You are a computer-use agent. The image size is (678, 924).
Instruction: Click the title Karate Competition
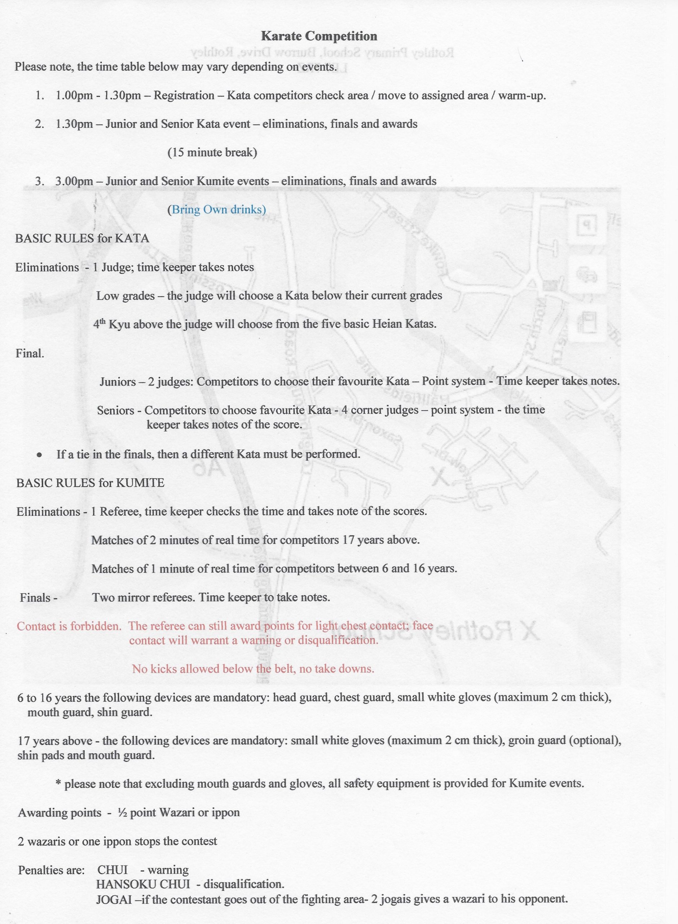tap(319, 36)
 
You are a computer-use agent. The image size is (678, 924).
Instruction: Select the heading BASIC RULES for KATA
tap(82, 238)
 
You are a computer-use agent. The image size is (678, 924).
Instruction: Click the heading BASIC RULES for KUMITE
tap(90, 483)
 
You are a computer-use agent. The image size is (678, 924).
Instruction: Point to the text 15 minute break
tap(212, 152)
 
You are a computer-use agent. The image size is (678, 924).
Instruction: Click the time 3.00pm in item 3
tap(74, 181)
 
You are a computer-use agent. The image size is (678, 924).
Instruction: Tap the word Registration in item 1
tap(184, 95)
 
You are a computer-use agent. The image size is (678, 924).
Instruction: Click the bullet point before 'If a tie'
tap(39, 455)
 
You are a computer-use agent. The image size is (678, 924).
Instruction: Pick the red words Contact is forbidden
tap(69, 626)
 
